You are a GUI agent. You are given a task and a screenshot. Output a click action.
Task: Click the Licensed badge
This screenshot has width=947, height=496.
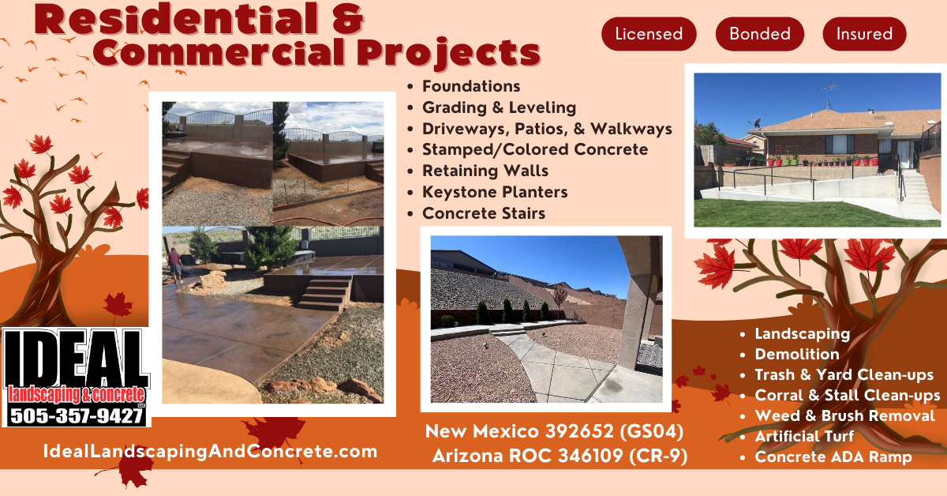tap(649, 34)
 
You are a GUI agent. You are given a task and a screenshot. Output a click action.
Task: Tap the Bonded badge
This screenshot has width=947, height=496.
tap(760, 34)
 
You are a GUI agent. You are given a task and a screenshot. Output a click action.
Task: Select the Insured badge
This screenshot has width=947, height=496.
tap(864, 34)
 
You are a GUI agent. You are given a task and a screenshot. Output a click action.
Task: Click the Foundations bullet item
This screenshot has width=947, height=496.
tap(471, 86)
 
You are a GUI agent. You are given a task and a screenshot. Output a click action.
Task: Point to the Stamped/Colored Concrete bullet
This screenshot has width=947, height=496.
tap(535, 149)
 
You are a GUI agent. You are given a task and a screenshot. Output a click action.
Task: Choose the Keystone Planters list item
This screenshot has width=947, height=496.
tap(495, 192)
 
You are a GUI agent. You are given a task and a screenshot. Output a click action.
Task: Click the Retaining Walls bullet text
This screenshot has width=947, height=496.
tap(485, 171)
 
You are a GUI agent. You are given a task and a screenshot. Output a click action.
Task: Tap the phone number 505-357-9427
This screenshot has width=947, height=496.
tap(77, 416)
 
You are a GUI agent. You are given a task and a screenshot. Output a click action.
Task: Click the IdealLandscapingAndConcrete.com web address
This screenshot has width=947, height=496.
tap(210, 451)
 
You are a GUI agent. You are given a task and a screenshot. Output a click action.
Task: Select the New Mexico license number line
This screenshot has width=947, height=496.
tap(554, 431)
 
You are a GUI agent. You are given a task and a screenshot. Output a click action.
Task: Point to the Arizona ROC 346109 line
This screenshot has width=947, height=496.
tap(560, 456)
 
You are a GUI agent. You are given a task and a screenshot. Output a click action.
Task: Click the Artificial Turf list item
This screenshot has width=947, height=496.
tap(804, 436)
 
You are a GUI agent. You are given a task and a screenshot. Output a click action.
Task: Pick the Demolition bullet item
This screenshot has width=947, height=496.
tap(797, 354)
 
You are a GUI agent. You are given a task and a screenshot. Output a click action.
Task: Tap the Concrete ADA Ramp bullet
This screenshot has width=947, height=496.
tap(833, 457)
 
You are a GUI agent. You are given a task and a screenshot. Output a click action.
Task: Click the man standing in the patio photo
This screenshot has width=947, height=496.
tap(174, 265)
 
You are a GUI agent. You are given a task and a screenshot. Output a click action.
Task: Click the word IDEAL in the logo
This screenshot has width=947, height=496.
tap(77, 359)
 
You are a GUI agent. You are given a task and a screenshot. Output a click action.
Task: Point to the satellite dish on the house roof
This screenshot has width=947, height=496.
tap(755, 123)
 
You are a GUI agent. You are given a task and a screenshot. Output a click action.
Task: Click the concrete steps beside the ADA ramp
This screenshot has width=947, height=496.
tap(917, 193)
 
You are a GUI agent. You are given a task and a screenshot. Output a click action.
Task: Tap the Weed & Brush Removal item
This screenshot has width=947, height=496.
tap(844, 415)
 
